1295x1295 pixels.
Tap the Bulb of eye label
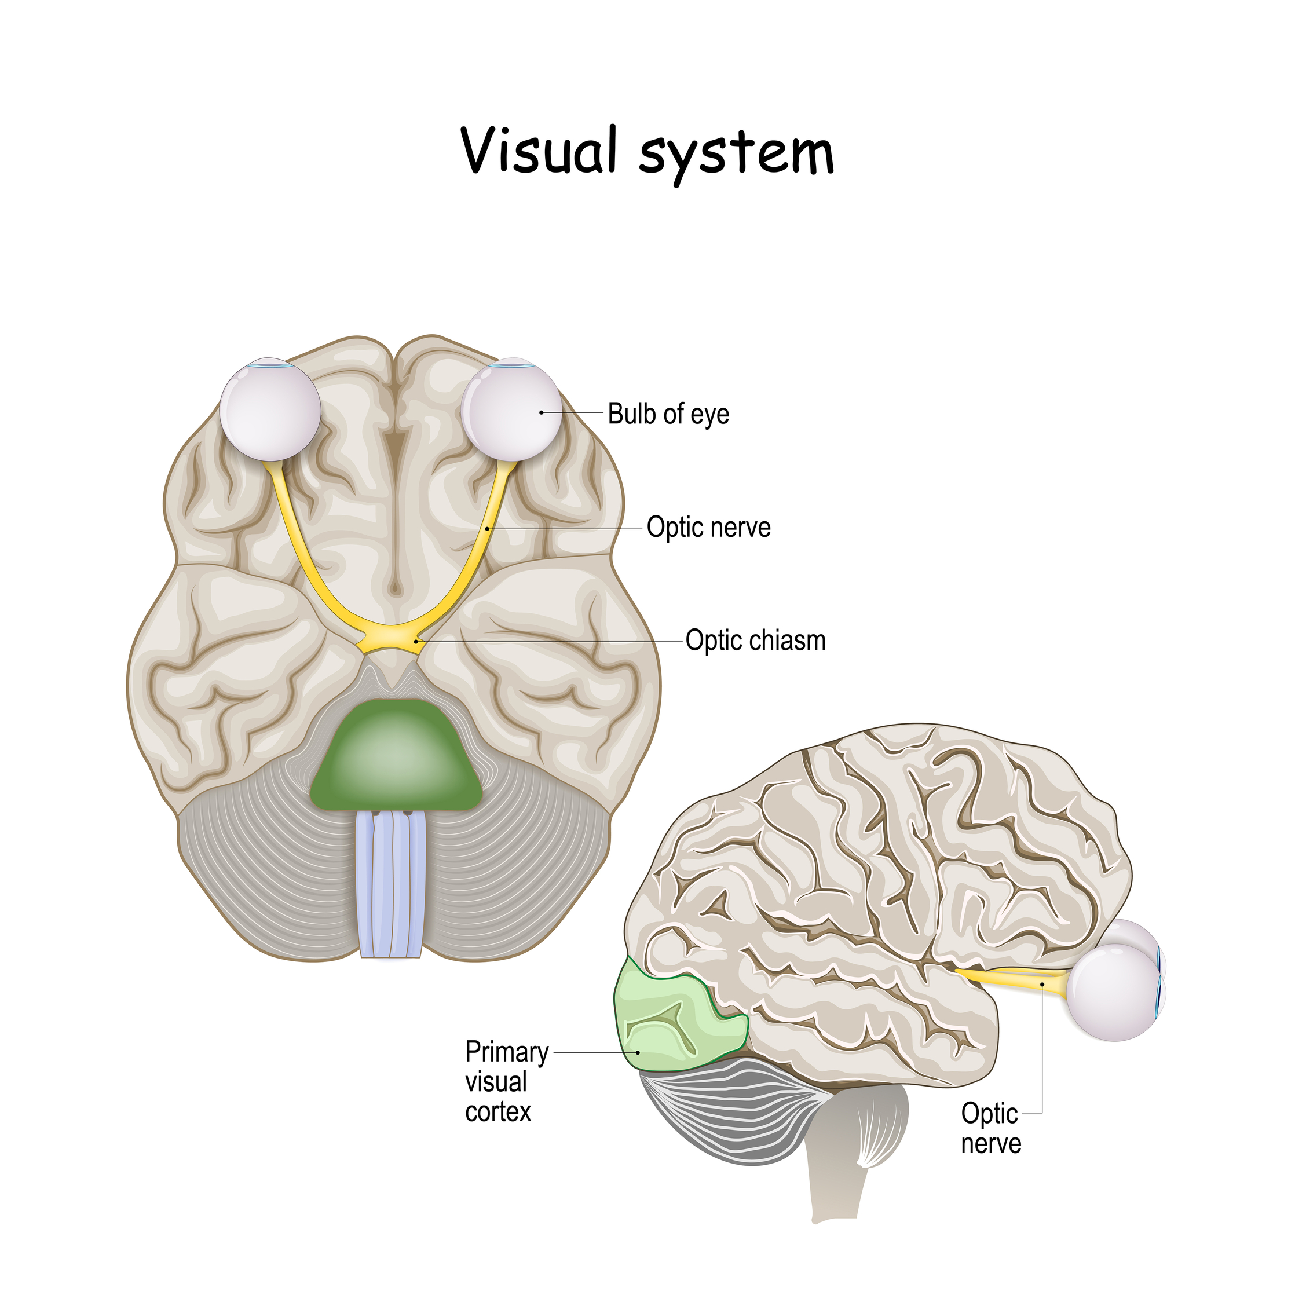668,414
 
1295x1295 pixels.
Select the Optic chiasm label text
755,640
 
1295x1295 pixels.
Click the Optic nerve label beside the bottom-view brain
708,527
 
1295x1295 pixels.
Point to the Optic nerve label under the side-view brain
991,1128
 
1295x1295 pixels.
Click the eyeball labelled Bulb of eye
512,410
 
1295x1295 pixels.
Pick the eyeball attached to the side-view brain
1113,992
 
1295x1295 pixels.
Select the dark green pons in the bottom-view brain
396,758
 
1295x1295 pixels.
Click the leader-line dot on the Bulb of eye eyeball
542,412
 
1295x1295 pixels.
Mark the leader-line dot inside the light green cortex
638,1052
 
